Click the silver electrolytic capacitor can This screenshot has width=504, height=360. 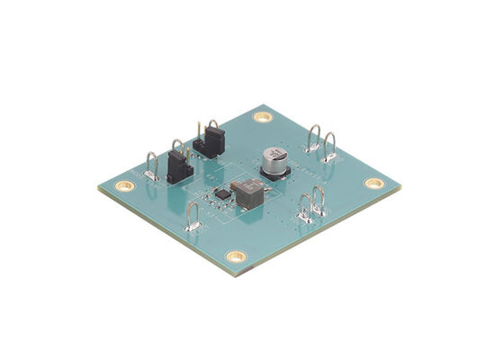coord(274,156)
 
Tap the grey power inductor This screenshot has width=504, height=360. coord(247,191)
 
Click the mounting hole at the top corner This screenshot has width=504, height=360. coord(262,117)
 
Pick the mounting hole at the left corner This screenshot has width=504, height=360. coord(125,185)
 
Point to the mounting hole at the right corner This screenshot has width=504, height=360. coord(374,183)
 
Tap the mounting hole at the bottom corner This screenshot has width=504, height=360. coord(236,256)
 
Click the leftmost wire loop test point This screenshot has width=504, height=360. coord(151,166)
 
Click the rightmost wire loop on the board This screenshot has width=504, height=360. coord(330,147)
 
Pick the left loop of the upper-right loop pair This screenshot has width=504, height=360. coord(313,139)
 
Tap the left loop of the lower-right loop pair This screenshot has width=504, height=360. coord(304,208)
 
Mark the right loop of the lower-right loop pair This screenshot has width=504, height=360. coord(319,200)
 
